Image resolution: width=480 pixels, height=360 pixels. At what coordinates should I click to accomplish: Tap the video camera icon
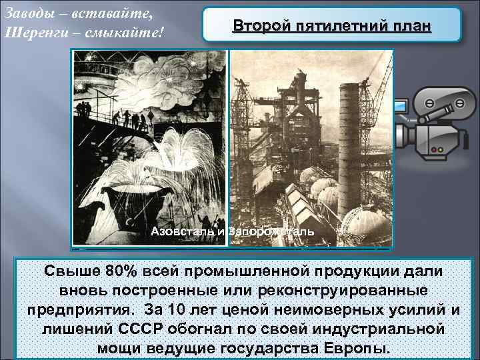click(x=433, y=123)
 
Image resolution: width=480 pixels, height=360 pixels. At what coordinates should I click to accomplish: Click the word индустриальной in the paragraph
click(x=370, y=330)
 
